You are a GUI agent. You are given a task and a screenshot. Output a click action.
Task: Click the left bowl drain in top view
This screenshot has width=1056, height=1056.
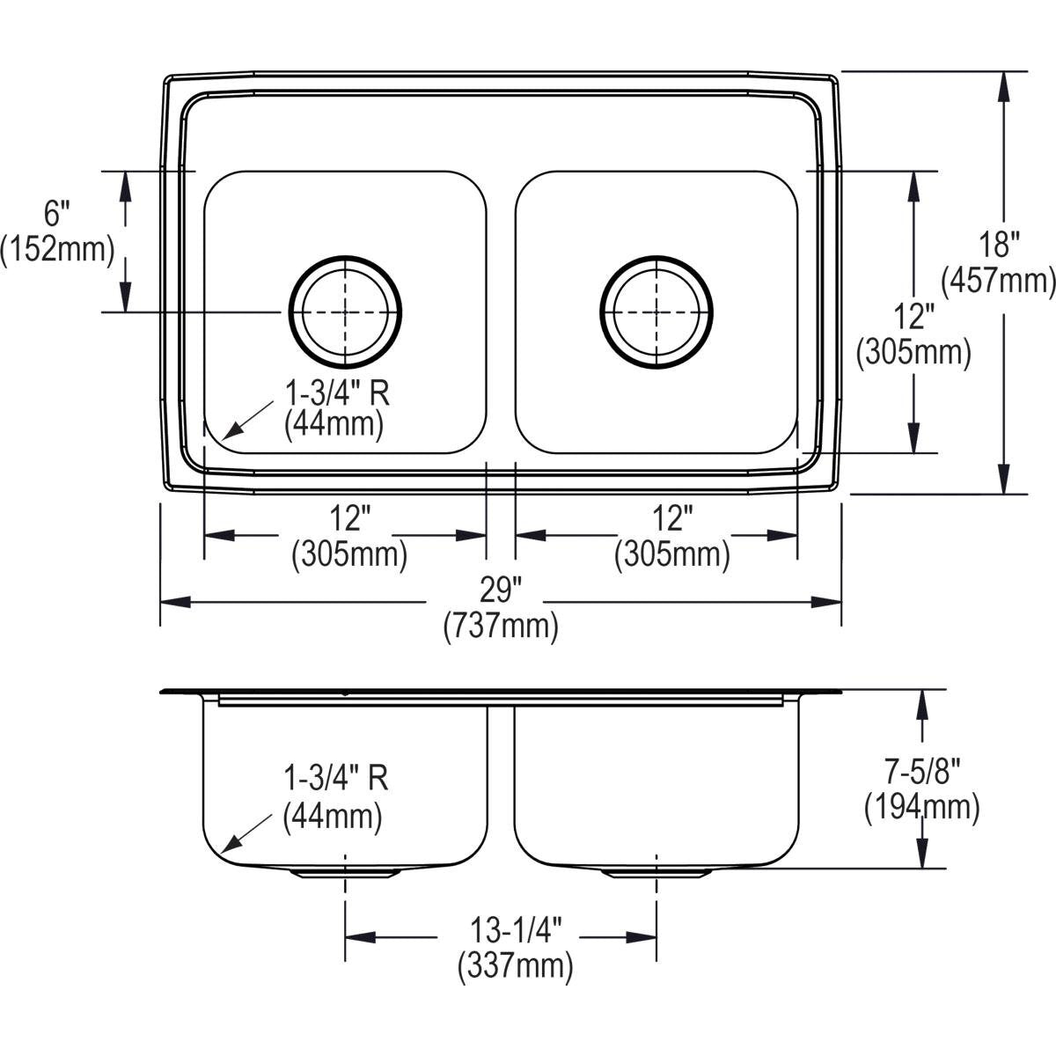pos(345,312)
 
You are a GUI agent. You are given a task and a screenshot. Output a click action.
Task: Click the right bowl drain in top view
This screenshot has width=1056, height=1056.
pos(656,312)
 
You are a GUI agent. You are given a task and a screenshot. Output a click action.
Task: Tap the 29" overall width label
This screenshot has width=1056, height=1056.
pos(501,588)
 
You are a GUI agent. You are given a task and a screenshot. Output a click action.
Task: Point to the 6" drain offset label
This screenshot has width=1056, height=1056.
pos(56,212)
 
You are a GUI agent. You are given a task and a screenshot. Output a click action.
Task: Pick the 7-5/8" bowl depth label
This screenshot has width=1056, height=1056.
pos(921,773)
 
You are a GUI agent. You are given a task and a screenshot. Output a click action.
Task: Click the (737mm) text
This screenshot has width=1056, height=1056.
pos(501,626)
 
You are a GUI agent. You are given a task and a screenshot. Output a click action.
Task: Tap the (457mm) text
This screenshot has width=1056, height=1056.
pos(998,282)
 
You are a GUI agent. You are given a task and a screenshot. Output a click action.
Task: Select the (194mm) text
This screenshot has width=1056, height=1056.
pos(921,807)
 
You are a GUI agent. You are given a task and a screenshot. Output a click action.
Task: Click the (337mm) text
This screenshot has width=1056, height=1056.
pos(515,967)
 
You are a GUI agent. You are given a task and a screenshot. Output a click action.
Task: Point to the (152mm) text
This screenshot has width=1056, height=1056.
pos(57,250)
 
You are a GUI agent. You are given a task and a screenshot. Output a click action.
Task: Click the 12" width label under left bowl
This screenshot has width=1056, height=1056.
pos(349,519)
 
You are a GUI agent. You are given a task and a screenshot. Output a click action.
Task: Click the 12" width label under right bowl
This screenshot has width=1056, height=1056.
pos(672,519)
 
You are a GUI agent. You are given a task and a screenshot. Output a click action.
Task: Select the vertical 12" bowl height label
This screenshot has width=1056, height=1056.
pos(913,315)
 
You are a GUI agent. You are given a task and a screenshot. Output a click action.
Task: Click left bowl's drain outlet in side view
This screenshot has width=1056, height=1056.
pos(345,872)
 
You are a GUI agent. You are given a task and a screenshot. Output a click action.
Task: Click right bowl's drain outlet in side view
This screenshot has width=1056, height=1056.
pos(656,872)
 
